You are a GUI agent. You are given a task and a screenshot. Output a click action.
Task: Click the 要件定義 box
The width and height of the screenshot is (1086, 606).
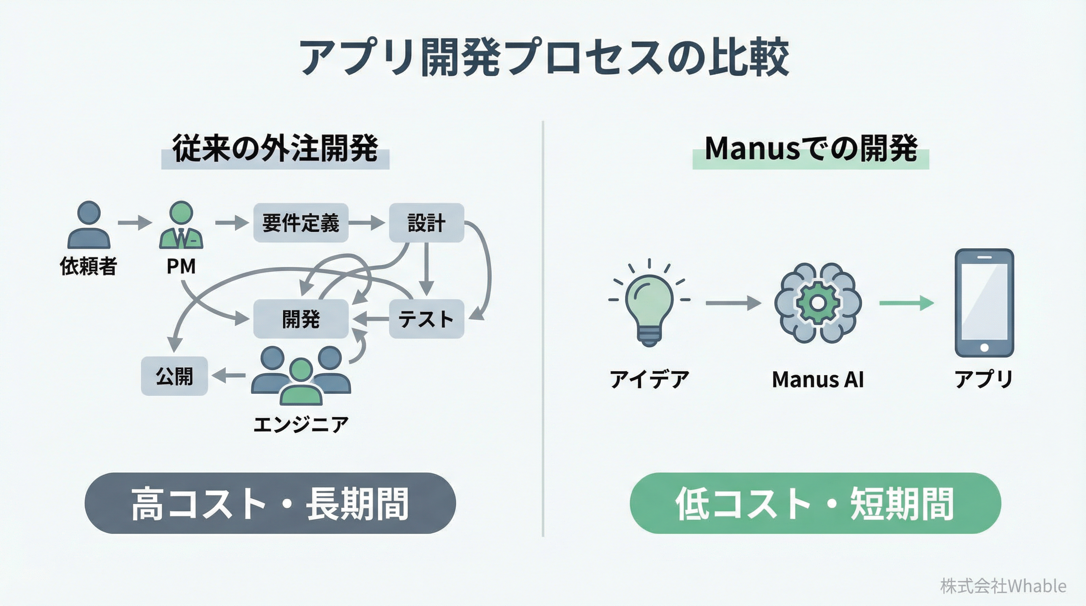tap(301, 223)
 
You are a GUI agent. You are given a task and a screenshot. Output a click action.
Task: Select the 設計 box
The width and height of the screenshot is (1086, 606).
tap(426, 223)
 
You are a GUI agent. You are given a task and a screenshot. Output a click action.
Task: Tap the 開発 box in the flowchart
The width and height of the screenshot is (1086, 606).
tap(301, 319)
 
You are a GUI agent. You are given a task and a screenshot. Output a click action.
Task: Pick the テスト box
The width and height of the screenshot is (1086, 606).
tap(426, 319)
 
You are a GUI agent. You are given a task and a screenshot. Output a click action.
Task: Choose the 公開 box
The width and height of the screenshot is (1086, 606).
tap(174, 376)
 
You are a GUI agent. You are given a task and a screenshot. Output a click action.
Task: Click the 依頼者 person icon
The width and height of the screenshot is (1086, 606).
tap(89, 225)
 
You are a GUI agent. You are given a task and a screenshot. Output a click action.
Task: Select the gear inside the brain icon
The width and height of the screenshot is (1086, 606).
tap(817, 303)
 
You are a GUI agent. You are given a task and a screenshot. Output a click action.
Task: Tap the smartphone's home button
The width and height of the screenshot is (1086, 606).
tap(984, 348)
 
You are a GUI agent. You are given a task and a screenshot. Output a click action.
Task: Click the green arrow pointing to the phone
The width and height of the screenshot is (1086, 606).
tap(906, 303)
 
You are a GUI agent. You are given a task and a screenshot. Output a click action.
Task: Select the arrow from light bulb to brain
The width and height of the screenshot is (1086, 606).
tap(733, 303)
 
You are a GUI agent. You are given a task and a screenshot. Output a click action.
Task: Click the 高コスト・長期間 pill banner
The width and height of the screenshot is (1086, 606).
tap(270, 503)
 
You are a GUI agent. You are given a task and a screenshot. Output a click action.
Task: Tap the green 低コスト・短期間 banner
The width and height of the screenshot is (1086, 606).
tap(815, 503)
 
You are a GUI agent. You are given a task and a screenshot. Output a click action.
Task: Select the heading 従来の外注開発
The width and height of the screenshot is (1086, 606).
tap(275, 149)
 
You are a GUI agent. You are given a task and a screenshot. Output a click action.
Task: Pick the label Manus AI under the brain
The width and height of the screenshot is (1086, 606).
tap(817, 379)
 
